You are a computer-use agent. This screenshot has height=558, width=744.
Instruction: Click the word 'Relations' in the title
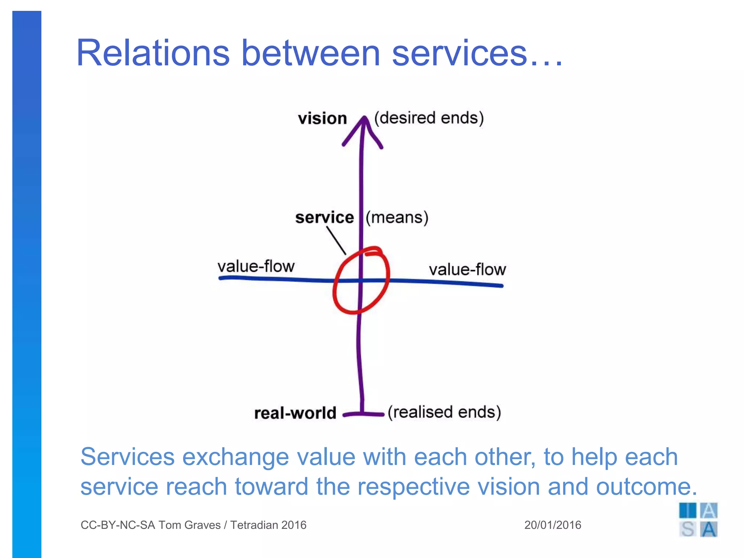153,53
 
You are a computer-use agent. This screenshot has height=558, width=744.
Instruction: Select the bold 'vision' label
322,119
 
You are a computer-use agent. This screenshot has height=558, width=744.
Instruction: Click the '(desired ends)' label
429,118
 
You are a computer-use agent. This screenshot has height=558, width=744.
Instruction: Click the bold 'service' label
324,218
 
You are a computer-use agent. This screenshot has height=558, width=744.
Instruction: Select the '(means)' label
397,218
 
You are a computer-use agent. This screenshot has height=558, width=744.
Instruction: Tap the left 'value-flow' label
256,266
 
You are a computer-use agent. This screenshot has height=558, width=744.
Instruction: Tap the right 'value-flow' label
467,270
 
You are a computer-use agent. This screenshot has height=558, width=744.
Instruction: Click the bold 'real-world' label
295,413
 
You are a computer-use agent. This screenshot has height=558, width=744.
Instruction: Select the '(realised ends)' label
444,412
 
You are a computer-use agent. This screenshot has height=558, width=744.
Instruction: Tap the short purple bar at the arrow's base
363,414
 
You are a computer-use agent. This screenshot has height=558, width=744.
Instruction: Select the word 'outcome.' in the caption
647,486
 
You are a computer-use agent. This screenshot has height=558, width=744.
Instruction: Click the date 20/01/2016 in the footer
553,525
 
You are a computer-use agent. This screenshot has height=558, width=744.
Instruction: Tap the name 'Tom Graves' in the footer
189,525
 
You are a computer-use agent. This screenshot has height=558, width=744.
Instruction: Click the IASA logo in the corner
698,520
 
